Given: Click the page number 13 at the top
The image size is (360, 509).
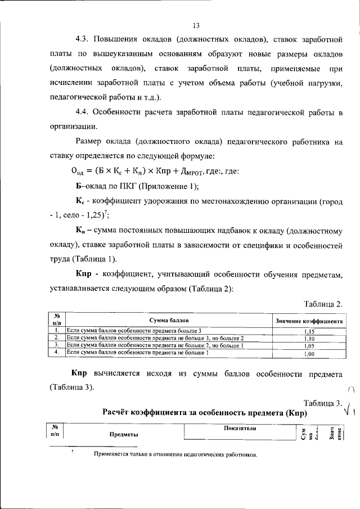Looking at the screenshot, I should click(196, 26).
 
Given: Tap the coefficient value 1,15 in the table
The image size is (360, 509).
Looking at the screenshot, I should click(308, 332).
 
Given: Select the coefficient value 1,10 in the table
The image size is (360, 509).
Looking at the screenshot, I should click(308, 339).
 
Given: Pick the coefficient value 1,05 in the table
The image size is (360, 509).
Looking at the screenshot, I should click(308, 346).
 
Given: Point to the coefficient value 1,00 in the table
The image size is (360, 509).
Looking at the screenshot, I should click(308, 354).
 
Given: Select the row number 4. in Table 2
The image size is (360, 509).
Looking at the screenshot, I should click(57, 352).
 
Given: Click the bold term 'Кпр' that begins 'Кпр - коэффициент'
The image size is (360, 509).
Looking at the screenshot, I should click(87, 273).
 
